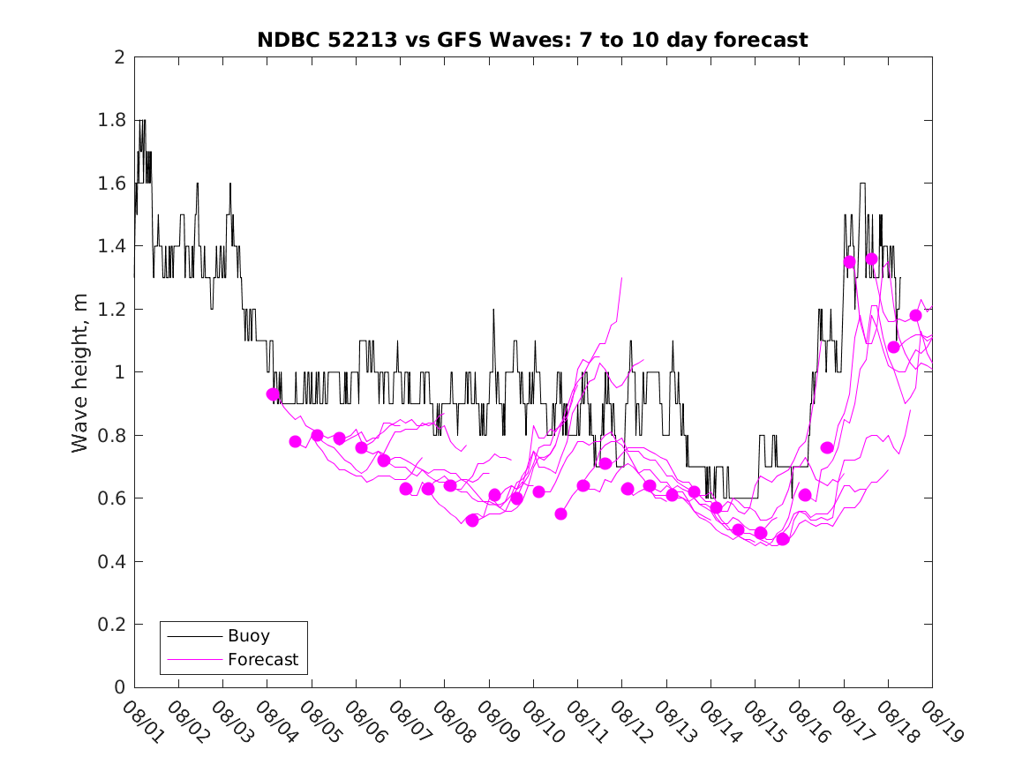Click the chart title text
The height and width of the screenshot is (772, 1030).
(532, 40)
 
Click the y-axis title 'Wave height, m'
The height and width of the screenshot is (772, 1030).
(80, 373)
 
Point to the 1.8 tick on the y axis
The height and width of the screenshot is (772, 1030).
(116, 121)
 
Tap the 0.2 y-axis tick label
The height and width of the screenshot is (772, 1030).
(116, 625)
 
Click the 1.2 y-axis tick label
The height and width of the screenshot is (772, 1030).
(116, 310)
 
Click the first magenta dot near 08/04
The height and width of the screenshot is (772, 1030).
(273, 394)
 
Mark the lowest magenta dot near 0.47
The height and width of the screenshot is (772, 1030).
(782, 539)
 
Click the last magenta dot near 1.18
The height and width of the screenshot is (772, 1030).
(915, 315)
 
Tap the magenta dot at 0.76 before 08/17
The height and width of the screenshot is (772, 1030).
(827, 447)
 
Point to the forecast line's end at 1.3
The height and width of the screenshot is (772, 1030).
(622, 279)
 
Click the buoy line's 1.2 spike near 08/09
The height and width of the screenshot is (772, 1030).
(493, 311)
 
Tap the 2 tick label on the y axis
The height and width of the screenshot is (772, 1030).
(118, 57)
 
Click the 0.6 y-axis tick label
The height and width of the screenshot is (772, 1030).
(116, 498)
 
